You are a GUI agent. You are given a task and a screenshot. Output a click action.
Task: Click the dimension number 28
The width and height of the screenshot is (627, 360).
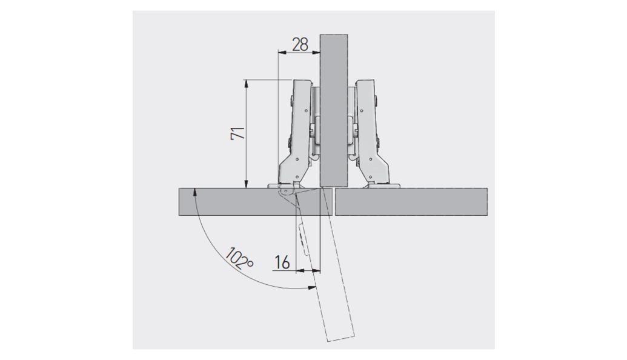pos(300,44)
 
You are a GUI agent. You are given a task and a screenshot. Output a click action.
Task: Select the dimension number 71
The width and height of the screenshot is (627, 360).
pos(238,133)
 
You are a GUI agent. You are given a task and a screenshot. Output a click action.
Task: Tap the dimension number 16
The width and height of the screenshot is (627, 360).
pos(282,262)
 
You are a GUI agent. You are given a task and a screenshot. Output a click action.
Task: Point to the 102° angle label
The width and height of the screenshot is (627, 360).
pos(239,259)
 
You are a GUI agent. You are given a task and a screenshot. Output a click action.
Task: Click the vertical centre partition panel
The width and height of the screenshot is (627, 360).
pos(334,111)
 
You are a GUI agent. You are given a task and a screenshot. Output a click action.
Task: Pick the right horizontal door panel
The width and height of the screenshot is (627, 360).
pos(411,202)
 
